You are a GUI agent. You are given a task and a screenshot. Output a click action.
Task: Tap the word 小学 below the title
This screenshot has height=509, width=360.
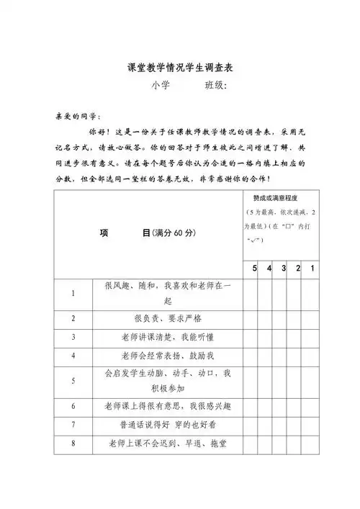coord(161,86)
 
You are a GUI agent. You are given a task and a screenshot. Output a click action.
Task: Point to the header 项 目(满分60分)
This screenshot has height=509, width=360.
coord(148,233)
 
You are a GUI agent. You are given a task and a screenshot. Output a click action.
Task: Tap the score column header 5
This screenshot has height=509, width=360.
coord(254,269)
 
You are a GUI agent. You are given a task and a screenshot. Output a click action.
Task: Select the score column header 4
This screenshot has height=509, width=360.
coord(269,269)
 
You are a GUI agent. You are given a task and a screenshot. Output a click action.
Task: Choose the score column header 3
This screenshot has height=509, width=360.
coord(283,269)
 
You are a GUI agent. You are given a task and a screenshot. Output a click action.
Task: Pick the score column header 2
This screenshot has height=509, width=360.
coord(297,269)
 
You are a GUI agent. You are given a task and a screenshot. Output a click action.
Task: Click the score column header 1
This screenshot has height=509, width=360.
coord(312,269)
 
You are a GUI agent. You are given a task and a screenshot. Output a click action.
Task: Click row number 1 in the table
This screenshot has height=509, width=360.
coord(73,294)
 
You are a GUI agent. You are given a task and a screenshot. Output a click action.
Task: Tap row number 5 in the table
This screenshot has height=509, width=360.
coord(73,381)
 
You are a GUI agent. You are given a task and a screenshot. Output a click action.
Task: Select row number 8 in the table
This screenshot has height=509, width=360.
coord(73,441)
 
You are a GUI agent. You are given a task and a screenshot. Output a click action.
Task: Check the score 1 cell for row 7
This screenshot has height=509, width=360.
coord(312,423)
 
